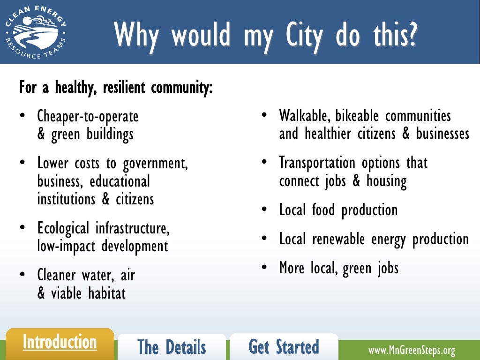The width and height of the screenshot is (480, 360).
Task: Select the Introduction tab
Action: (x=60, y=342)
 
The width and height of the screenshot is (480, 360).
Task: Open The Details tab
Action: (x=172, y=347)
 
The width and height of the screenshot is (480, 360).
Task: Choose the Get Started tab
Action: (x=284, y=347)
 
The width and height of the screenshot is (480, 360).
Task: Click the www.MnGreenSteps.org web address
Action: (x=412, y=350)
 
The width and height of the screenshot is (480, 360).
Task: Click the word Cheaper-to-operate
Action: (x=88, y=116)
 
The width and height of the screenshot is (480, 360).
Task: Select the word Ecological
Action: (x=63, y=229)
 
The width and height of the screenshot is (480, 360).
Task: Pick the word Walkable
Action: (x=305, y=116)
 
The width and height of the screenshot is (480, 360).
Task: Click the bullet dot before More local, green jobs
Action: (x=264, y=267)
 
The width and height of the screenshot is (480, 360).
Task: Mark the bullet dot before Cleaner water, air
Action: (x=22, y=275)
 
